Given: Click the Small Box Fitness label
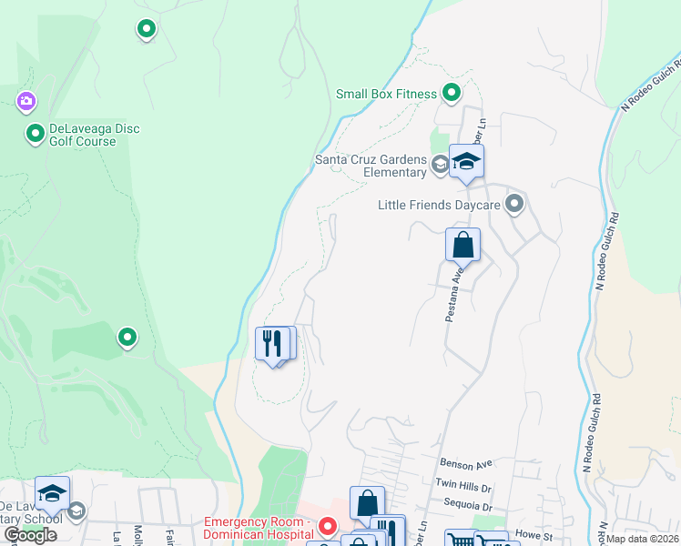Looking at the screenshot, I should [387, 93].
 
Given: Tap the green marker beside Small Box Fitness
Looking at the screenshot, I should [451, 92].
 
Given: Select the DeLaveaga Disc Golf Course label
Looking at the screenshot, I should [83, 135].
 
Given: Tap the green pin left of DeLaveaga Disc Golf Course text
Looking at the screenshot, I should [36, 134].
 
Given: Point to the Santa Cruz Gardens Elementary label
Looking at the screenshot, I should [371, 166].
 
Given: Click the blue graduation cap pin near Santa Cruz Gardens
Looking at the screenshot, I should [466, 162].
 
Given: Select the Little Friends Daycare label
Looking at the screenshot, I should [439, 205].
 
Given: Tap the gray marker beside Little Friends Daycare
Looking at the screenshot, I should [514, 204].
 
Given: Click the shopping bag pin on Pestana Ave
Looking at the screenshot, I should [462, 245].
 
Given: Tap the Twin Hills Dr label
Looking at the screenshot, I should [463, 486].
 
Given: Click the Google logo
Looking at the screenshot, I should [30, 534].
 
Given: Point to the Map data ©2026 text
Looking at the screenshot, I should [643, 539].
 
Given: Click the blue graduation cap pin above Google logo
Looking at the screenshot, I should [52, 493].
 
